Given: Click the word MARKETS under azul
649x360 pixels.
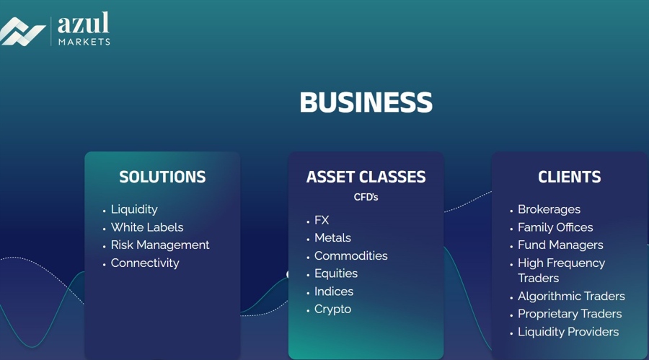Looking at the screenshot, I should tap(84, 42).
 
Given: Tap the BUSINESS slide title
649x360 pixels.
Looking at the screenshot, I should tap(366, 102).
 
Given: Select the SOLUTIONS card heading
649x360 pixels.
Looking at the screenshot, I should tap(162, 177).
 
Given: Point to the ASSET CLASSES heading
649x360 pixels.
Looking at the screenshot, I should tap(366, 177).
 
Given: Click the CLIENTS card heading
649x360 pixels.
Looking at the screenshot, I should tap(569, 177).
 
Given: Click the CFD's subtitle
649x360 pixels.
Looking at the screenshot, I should tap(366, 197).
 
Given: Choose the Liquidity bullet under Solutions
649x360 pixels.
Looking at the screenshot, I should tap(134, 209).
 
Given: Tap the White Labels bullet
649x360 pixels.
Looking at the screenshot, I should tap(147, 227).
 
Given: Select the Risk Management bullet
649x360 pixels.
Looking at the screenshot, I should tap(160, 245).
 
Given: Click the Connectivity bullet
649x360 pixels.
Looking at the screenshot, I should tap(145, 263).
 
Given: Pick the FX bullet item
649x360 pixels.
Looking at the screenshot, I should tap(322, 220).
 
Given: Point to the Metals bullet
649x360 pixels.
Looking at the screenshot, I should tap(332, 238).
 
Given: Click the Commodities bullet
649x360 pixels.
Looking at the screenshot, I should tap(350, 256).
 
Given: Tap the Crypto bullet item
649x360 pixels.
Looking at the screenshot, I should tap(332, 309).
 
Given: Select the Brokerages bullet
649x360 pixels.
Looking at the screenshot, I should tap(549, 209).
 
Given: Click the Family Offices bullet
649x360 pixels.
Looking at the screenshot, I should tap(555, 227).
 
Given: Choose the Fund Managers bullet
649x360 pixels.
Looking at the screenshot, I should tap(560, 245).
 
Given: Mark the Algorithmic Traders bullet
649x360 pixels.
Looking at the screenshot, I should tap(571, 297).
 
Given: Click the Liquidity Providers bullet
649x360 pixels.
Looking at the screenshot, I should tap(568, 332).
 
